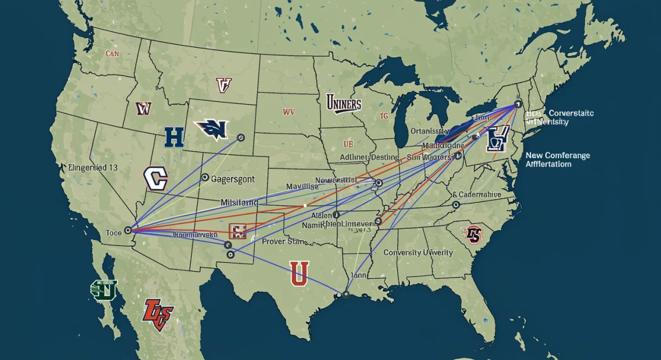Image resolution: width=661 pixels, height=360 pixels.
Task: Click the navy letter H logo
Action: point(174,137)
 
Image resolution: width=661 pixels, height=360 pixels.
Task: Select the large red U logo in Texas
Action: point(299,273)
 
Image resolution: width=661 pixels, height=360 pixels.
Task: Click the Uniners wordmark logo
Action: point(343,103)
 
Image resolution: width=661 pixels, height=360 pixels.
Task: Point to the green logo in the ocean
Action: point(104,290)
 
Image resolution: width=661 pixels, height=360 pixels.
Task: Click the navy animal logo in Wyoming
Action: point(212,129)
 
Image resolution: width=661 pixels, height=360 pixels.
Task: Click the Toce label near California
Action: point(113,233)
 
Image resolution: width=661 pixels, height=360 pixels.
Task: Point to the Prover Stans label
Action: point(285,241)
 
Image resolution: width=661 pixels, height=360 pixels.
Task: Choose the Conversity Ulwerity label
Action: point(418,253)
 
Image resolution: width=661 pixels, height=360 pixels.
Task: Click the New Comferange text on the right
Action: point(557,155)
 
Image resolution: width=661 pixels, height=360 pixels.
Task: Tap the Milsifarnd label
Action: point(239,203)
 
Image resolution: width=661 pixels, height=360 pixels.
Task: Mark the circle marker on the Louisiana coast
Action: point(346,294)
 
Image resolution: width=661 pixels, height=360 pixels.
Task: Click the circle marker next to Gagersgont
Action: point(205,177)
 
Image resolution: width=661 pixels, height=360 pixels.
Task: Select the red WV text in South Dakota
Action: point(289,112)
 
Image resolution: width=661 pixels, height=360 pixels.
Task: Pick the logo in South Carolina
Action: point(473,234)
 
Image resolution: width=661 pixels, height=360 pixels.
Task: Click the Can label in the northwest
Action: point(112,54)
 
